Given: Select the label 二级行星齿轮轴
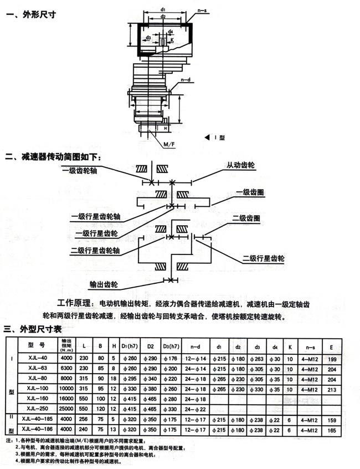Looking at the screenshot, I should point(96,251).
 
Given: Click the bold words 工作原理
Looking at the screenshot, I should point(76,305).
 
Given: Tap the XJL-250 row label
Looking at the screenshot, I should point(38,409).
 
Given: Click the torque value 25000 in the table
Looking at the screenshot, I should point(66,409).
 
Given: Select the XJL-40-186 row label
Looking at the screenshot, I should point(38,430).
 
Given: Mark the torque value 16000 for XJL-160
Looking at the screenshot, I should point(66,399).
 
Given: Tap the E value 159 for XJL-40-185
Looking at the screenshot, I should point(332,420).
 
